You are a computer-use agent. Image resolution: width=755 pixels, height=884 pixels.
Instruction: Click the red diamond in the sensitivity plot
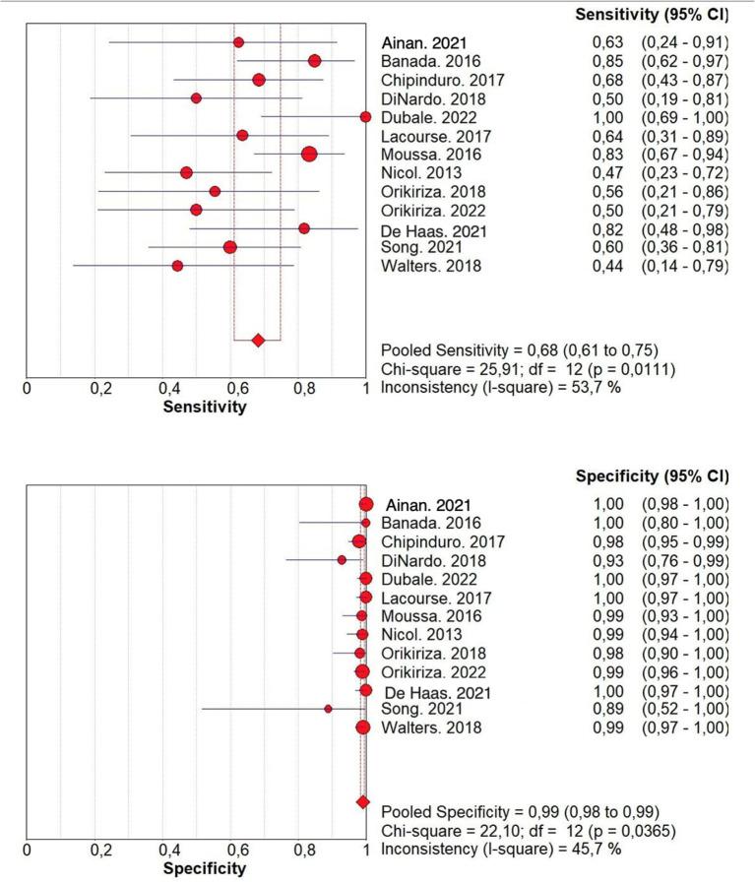258,341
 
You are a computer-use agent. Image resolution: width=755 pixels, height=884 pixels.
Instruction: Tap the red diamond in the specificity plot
362,803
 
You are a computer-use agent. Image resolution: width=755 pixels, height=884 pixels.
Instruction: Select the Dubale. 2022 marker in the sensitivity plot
365,117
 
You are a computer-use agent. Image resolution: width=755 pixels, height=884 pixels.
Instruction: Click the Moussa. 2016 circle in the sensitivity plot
309,155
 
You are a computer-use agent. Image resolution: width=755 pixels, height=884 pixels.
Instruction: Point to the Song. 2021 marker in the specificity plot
328,709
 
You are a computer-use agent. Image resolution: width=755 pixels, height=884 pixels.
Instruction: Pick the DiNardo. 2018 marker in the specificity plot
342,560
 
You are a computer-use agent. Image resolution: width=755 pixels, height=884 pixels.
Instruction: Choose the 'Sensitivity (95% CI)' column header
650,17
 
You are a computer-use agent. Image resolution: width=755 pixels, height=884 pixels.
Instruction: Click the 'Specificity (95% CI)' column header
650,478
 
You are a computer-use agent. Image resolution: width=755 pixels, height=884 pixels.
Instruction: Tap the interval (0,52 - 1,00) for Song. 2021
685,709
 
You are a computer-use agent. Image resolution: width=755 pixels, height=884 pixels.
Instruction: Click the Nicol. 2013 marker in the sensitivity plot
186,173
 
